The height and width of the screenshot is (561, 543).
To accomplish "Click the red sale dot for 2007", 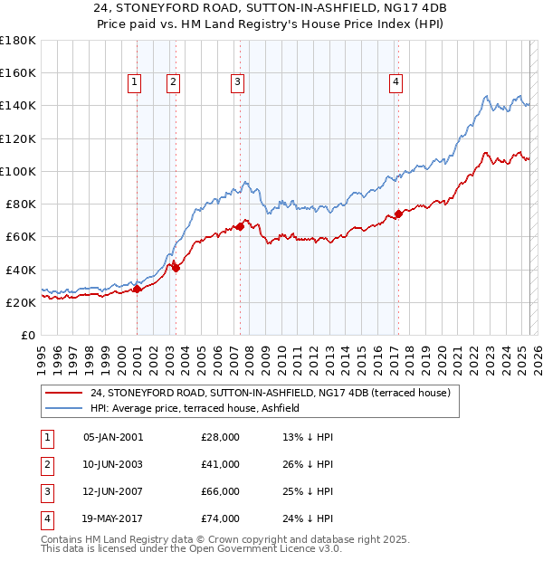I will point(241,226).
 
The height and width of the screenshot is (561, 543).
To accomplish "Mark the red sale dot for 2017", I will point(398,214).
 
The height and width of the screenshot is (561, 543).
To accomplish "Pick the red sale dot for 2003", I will point(176,268).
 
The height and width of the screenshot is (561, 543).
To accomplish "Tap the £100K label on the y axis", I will point(17,171).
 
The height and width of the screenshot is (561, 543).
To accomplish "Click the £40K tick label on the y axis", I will point(21,270).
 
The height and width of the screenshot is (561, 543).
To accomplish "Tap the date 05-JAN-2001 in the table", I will point(113,437).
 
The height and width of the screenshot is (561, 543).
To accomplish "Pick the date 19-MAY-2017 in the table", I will point(113,518).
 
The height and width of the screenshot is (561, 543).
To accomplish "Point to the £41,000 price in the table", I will point(221,463).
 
